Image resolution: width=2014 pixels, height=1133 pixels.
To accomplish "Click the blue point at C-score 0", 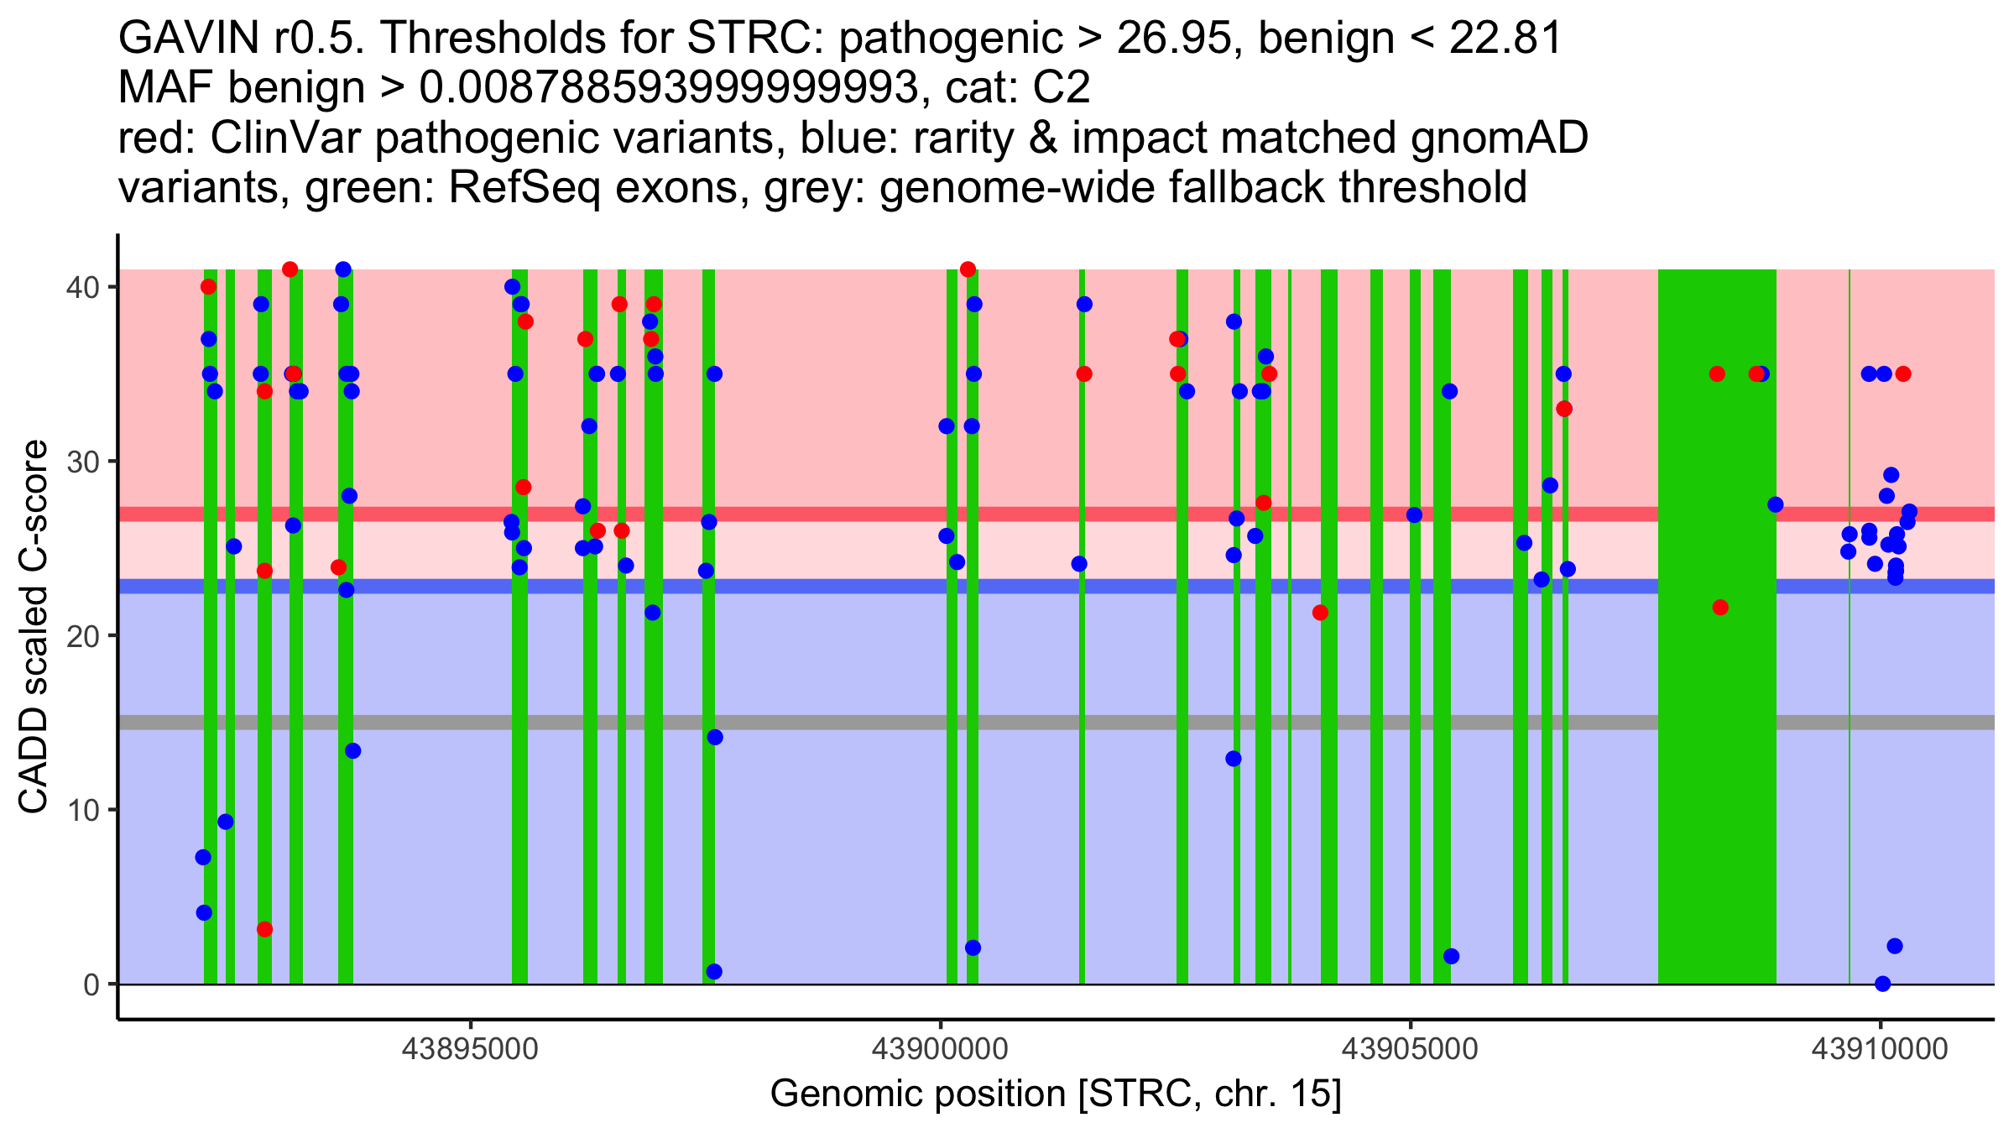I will click(x=1882, y=984).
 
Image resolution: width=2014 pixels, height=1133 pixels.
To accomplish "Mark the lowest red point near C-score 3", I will click(x=264, y=929).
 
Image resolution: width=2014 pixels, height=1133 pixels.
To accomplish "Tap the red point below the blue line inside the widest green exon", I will click(x=1720, y=607).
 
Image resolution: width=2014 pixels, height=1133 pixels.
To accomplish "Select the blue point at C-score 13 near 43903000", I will click(x=1233, y=759).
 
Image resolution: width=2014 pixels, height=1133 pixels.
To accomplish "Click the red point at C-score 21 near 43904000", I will click(x=1320, y=613).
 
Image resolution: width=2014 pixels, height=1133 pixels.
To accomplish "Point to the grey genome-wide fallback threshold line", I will click(x=839, y=723).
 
